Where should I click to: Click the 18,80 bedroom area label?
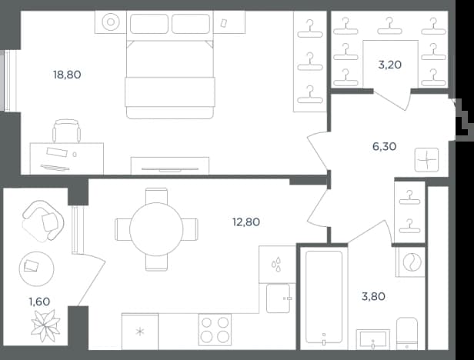point(67,75)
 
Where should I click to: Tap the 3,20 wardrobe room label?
point(390,65)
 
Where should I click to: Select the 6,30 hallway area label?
point(384,147)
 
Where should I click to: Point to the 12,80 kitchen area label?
point(246,222)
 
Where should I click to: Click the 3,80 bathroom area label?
point(373,296)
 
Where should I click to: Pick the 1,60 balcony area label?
point(39,302)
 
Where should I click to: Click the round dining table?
point(156,229)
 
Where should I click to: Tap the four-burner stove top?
point(215,329)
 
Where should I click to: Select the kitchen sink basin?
point(278,298)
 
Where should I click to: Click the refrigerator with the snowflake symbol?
point(140,332)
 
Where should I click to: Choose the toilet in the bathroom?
point(407,333)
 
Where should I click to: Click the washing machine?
point(412,262)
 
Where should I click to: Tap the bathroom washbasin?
point(373,339)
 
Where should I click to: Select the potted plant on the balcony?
point(45,326)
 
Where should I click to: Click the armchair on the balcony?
point(43,221)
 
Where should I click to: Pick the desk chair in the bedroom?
point(66,131)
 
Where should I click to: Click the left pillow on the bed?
point(149,24)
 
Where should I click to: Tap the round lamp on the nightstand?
point(110,22)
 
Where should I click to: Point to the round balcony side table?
point(37,268)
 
